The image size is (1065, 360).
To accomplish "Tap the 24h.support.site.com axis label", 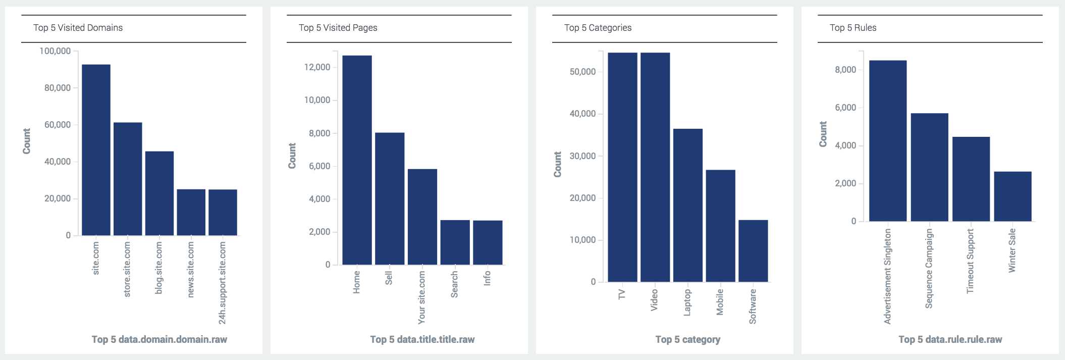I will pos(223,283).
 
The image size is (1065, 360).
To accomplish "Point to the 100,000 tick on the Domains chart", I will pos(55,51).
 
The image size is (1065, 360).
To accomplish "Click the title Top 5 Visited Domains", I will pos(78,28).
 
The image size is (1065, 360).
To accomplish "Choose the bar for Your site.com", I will pos(422,217).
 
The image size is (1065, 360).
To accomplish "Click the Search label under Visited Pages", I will pos(454,284).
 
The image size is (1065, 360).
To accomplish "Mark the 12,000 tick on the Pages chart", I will pos(317,67).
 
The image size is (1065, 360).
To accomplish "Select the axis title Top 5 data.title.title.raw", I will pos(422,339).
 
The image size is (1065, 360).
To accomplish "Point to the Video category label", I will pos(654,299).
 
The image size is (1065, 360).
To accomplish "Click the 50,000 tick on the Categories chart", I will pos(582,72).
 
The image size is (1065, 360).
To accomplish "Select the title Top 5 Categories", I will pos(598,28).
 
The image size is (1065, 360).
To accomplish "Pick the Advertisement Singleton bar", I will pos(888,141).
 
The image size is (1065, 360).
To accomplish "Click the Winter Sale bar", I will pos(1013,196).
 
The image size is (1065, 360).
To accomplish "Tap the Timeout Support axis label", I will pos(970,261).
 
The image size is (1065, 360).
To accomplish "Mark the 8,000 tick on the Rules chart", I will pos(845,70).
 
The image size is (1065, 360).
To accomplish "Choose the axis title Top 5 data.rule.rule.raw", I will pos(950,339).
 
